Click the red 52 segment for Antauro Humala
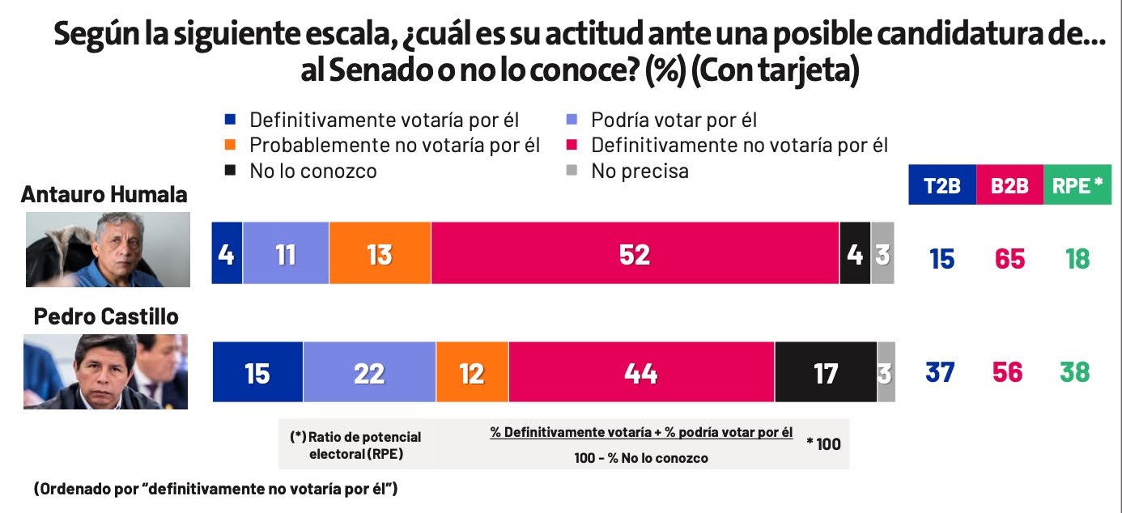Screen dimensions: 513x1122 (x=635, y=253)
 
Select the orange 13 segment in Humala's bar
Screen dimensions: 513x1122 (x=380, y=253)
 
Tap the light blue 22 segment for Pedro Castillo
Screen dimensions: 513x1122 (x=369, y=372)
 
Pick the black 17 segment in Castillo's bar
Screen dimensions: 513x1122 (x=825, y=372)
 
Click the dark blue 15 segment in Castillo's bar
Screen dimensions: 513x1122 (x=257, y=372)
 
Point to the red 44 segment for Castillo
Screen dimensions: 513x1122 (x=641, y=372)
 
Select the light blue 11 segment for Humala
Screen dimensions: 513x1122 (x=285, y=253)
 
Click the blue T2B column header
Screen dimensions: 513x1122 (x=942, y=185)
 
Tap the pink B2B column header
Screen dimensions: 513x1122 (x=1009, y=185)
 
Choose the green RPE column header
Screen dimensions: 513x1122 (x=1077, y=185)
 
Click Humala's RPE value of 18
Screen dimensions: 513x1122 (x=1077, y=259)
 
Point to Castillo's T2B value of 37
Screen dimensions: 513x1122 (x=941, y=372)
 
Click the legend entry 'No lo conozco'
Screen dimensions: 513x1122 (x=312, y=171)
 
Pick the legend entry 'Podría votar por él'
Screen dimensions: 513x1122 (x=674, y=121)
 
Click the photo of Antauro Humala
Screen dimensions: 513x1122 (x=108, y=249)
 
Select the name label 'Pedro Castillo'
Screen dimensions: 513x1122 (x=106, y=316)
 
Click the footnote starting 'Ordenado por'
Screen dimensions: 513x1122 (x=215, y=489)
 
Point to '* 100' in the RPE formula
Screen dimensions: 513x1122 (x=823, y=443)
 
